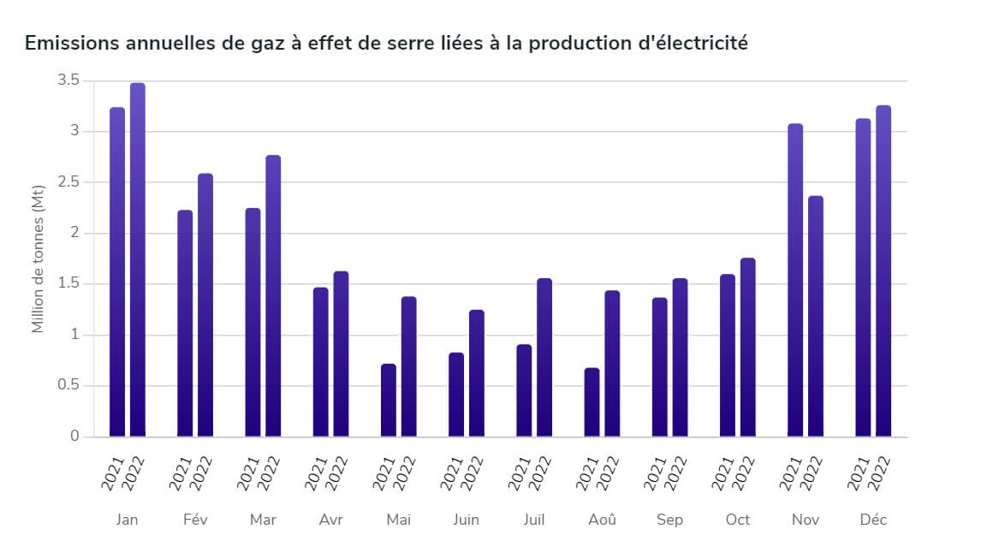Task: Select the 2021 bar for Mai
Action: (x=389, y=401)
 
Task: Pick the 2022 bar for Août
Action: (x=612, y=364)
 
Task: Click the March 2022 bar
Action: (x=273, y=295)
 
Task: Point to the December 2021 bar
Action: (x=863, y=277)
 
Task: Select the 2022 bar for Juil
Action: (x=544, y=358)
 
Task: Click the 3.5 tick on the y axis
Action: (x=68, y=80)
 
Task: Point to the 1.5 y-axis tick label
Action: (x=68, y=283)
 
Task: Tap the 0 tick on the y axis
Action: (x=74, y=436)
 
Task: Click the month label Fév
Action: (x=195, y=520)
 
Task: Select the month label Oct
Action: (x=737, y=520)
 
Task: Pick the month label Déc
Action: (x=873, y=520)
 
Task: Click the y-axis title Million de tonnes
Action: (x=38, y=265)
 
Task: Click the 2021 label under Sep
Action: (x=656, y=473)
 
